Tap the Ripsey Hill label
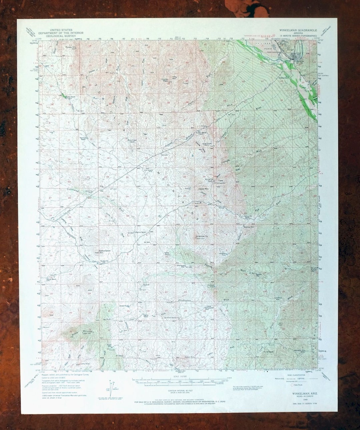click(71, 47)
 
